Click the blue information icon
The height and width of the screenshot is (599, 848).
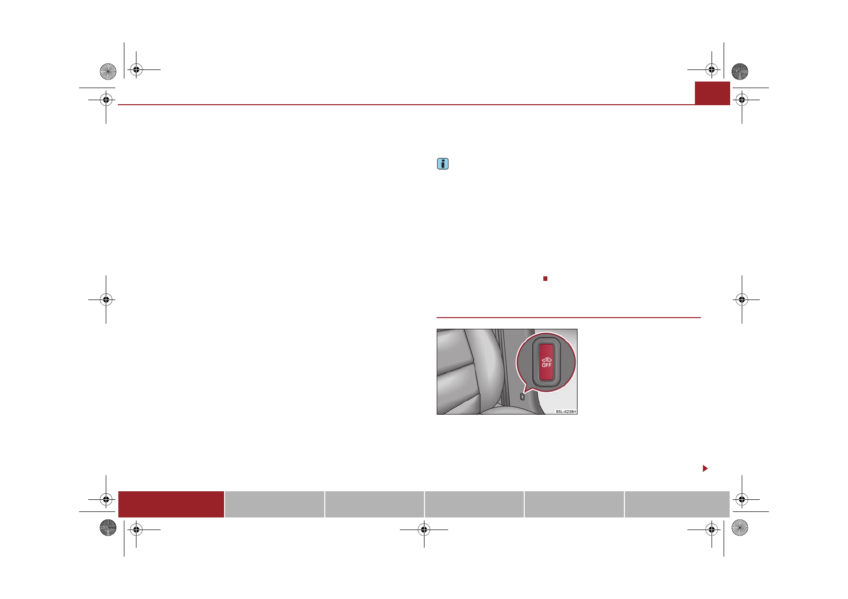pos(443,164)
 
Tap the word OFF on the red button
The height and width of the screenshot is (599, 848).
pos(547,365)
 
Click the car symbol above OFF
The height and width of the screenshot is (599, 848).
pos(547,360)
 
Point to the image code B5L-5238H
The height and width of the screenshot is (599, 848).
pos(566,412)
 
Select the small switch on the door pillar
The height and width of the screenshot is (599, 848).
pos(522,397)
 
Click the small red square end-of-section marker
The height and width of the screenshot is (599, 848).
pos(545,279)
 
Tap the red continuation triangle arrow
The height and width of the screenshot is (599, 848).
pos(705,469)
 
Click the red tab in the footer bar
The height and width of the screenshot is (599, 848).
pos(171,504)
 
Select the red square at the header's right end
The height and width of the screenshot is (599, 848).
pos(712,93)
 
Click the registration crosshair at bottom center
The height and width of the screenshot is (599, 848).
pos(424,530)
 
